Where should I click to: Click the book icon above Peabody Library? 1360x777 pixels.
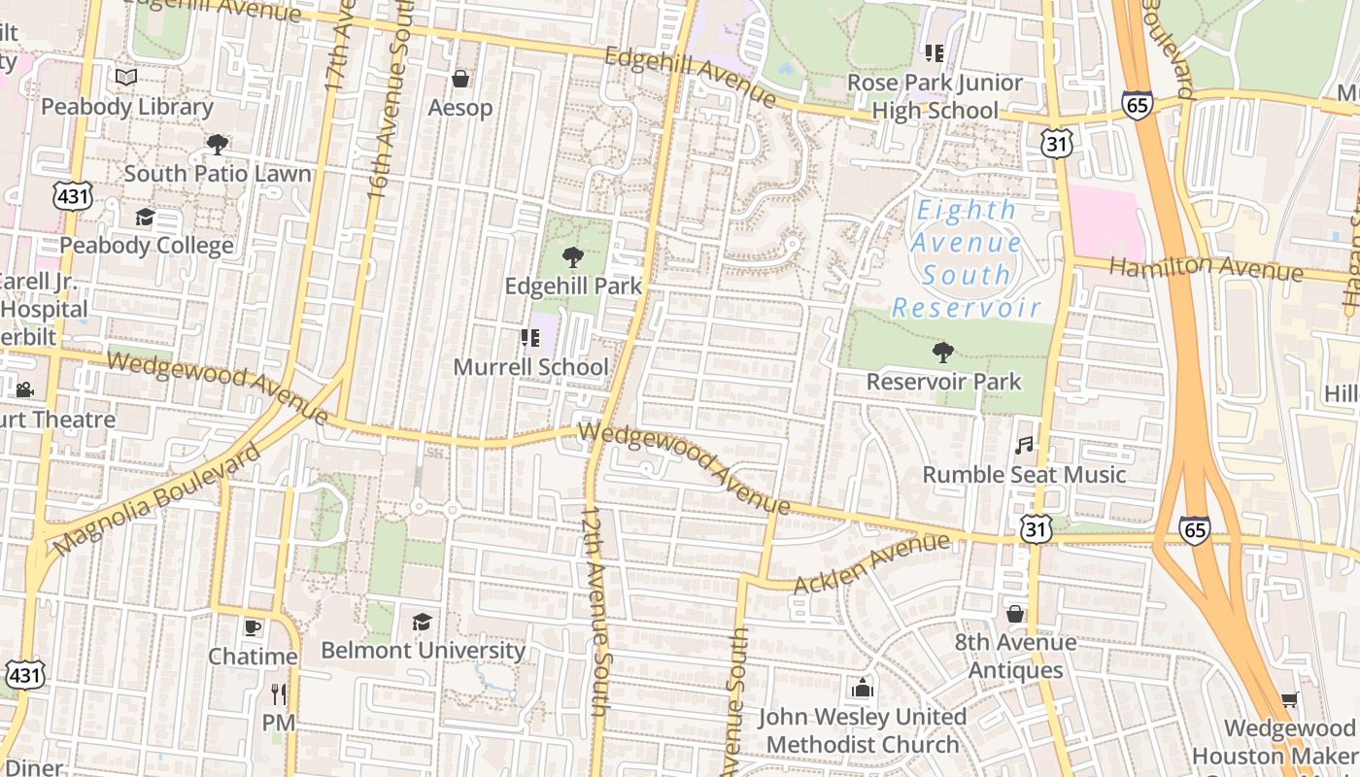click(126, 77)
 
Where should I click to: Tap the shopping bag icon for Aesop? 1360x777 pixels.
click(460, 78)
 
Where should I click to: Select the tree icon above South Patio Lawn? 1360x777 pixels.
click(218, 145)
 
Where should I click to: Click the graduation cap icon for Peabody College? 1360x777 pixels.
click(145, 217)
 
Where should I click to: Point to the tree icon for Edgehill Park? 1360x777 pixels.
click(573, 257)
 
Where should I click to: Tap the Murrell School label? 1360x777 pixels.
click(531, 367)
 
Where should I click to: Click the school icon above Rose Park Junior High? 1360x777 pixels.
click(935, 53)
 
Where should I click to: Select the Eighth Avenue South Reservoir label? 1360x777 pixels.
click(967, 258)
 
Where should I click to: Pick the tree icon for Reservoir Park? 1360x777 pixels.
click(942, 353)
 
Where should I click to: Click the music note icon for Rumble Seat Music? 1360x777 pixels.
click(1024, 446)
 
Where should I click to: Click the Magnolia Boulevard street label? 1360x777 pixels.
click(157, 501)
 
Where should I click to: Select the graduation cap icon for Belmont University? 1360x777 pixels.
click(422, 622)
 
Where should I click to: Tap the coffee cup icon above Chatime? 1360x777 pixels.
click(253, 627)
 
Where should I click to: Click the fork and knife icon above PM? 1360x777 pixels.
click(279, 693)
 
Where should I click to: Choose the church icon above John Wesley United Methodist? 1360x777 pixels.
click(862, 689)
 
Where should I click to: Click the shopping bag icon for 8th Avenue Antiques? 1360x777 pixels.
click(1015, 614)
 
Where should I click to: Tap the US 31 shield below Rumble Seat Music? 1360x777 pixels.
click(1036, 528)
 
